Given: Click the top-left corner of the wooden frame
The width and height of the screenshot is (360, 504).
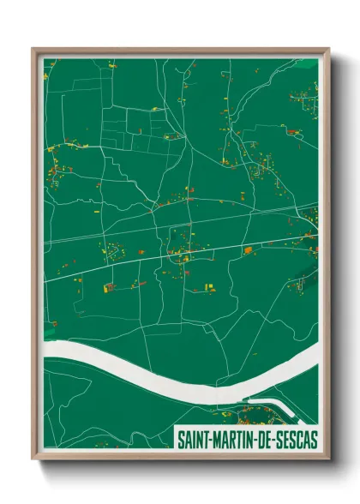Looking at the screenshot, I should coord(33,49).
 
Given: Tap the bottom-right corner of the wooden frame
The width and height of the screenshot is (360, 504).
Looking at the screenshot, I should coord(328,459).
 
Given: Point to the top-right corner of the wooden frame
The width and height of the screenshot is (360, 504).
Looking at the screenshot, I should coord(328,49).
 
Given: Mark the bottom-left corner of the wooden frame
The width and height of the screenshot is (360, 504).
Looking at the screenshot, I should coord(33,459).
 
